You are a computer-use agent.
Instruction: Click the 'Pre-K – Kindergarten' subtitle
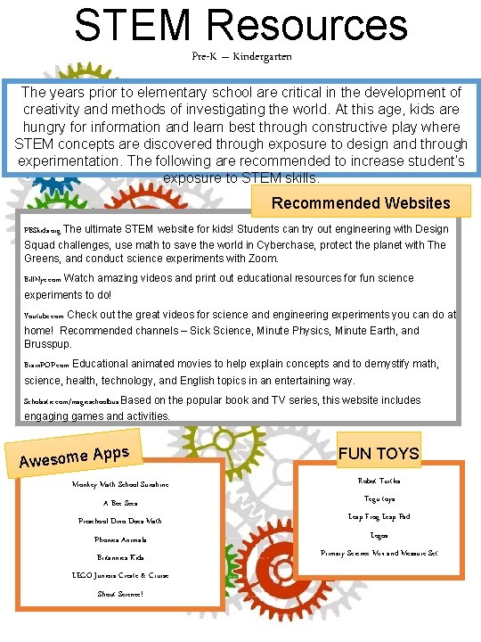pyautogui.click(x=240, y=56)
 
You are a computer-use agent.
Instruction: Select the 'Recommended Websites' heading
pyautogui.click(x=361, y=203)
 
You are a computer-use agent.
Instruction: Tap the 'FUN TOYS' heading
pyautogui.click(x=379, y=453)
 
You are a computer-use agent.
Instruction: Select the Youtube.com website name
pyautogui.click(x=44, y=316)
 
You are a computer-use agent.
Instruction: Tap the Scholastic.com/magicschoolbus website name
pyautogui.click(x=70, y=401)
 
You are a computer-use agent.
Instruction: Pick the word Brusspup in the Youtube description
pyautogui.click(x=49, y=344)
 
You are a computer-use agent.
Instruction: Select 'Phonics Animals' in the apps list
pyautogui.click(x=119, y=539)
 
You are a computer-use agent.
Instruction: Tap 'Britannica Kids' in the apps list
pyautogui.click(x=120, y=557)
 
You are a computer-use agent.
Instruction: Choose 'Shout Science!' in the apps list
pyautogui.click(x=119, y=594)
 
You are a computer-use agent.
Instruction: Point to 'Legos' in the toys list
pyautogui.click(x=379, y=535)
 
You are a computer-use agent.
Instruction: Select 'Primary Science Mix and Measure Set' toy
pyautogui.click(x=379, y=553)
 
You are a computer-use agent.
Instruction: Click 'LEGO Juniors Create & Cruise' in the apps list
pyautogui.click(x=120, y=575)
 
